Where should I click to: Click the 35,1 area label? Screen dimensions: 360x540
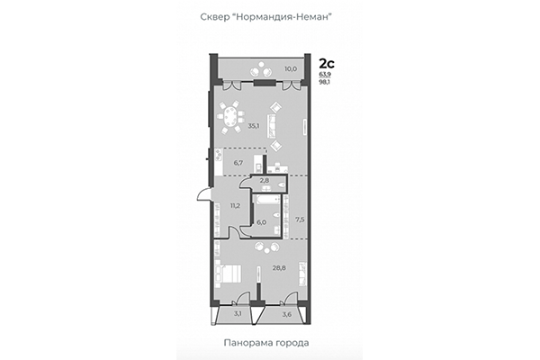(254, 126)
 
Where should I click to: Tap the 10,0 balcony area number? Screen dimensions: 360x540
(291, 67)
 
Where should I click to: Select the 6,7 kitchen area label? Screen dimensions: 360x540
(238, 163)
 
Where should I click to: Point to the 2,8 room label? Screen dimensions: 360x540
(265, 181)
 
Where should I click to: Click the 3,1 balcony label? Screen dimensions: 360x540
(238, 314)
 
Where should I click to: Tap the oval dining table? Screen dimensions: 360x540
(231, 116)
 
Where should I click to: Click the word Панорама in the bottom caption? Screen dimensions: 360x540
(246, 343)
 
